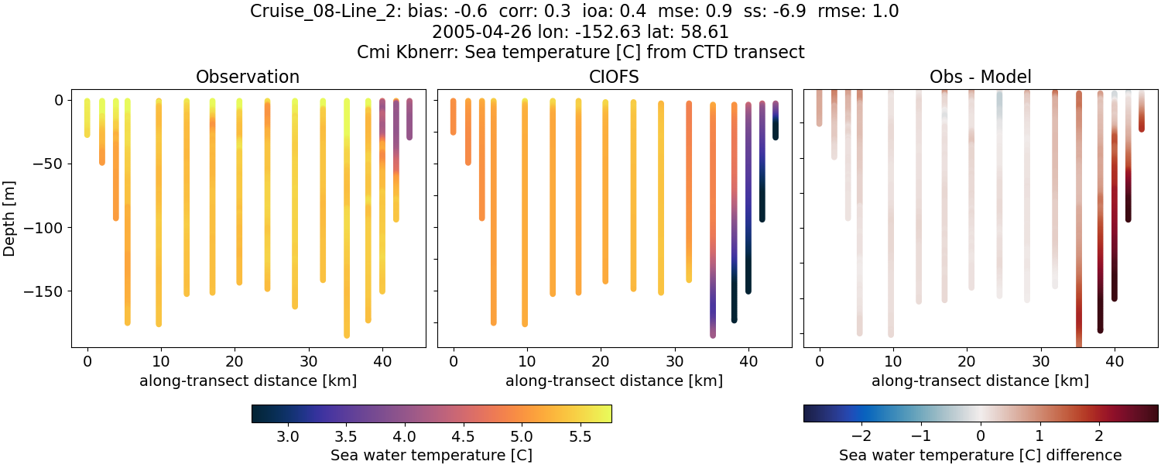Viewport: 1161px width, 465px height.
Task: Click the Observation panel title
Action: tap(248, 77)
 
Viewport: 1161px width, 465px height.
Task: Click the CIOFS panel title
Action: tap(614, 77)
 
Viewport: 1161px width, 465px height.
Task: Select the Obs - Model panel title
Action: tap(980, 77)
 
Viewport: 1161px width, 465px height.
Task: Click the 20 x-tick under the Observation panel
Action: tap(235, 361)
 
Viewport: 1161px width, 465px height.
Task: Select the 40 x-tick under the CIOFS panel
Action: tap(748, 361)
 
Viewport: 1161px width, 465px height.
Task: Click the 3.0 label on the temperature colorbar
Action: tap(288, 437)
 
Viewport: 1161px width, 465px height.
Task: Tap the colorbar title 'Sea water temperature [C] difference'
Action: tap(980, 455)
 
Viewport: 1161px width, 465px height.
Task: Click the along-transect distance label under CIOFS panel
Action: tap(614, 381)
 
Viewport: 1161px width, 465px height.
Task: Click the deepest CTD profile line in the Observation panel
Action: tap(347, 232)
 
